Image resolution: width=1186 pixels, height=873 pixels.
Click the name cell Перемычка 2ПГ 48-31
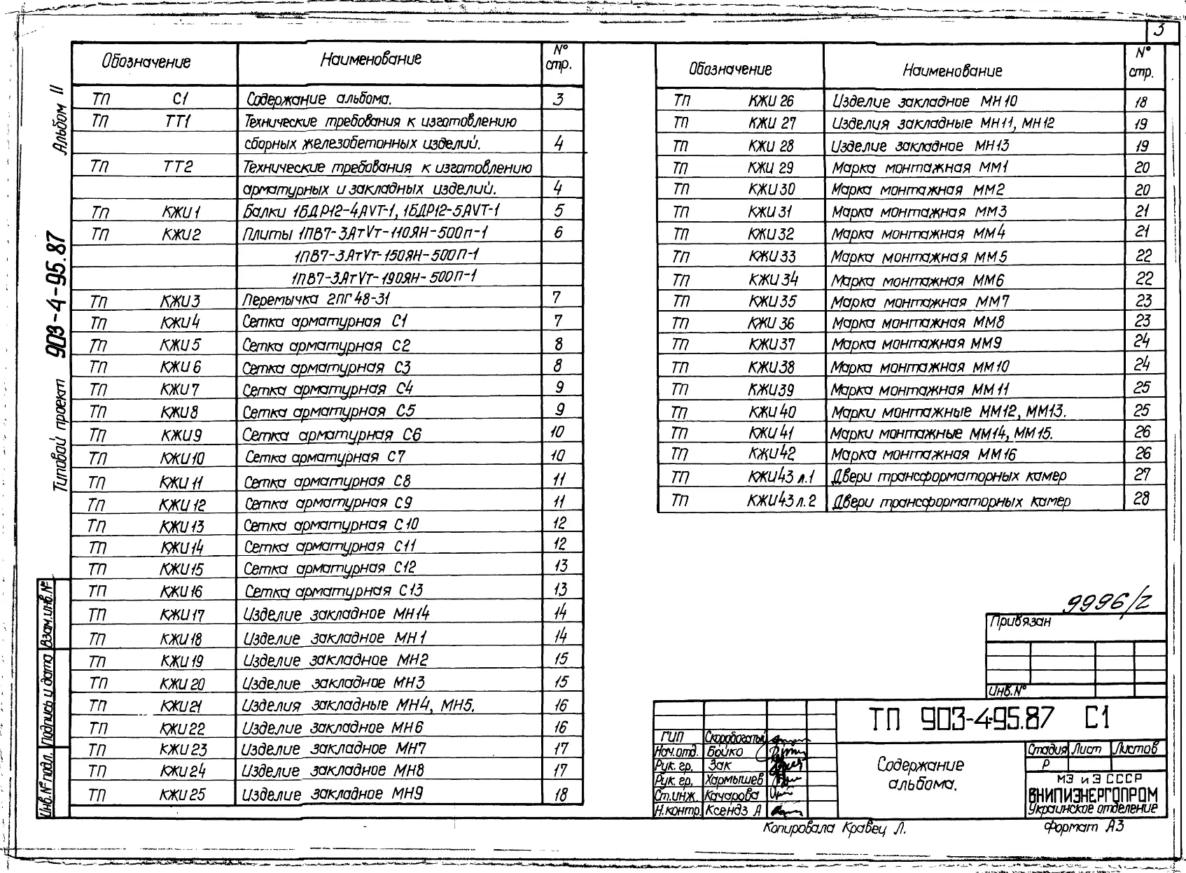pos(316,300)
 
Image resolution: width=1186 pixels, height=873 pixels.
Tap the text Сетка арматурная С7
pos(325,457)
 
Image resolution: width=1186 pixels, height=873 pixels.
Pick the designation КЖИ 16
pos(181,592)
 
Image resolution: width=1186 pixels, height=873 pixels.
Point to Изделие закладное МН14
pos(336,614)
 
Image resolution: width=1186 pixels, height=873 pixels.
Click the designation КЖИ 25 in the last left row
pos(182,795)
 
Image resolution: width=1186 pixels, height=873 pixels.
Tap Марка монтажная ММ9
pos(916,344)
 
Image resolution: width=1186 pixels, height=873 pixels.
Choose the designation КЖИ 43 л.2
pos(781,501)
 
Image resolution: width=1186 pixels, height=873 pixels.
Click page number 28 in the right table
pos(1142,498)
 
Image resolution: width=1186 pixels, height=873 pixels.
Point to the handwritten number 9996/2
pos(1109,601)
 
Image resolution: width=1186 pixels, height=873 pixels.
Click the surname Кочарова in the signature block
pos(732,795)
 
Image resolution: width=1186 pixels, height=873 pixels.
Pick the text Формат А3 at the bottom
pos(1083,827)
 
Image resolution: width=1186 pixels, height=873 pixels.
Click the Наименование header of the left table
pos(371,60)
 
